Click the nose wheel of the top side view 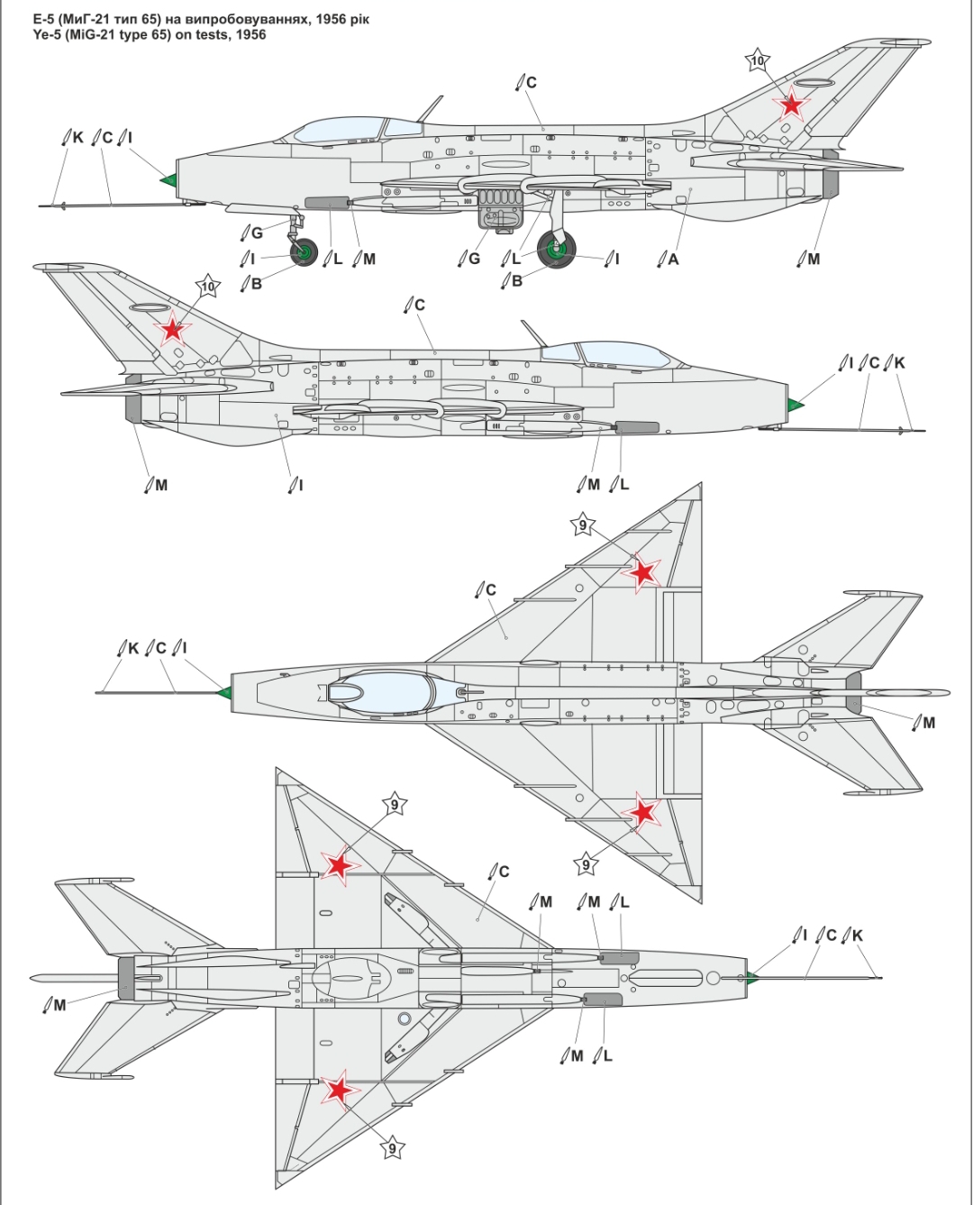click(305, 252)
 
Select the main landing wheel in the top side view click(557, 249)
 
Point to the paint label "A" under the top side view click(673, 259)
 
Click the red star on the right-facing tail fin click(791, 104)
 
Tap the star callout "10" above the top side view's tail click(757, 60)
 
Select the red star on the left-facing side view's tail click(172, 329)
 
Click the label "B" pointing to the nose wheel click(257, 283)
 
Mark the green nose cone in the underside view click(751, 977)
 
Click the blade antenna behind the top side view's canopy click(431, 109)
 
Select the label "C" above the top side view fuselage click(531, 83)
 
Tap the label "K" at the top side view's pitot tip click(78, 137)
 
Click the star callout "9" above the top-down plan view click(583, 525)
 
